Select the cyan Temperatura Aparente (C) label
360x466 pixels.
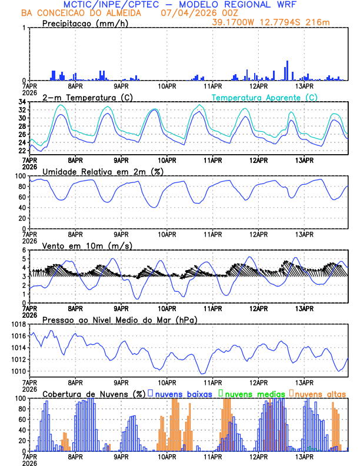[265, 97]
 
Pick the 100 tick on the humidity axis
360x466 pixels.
[19, 176]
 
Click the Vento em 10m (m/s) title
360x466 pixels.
[87, 245]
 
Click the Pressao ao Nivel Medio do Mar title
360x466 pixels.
[119, 319]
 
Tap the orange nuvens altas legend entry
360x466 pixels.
[318, 393]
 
